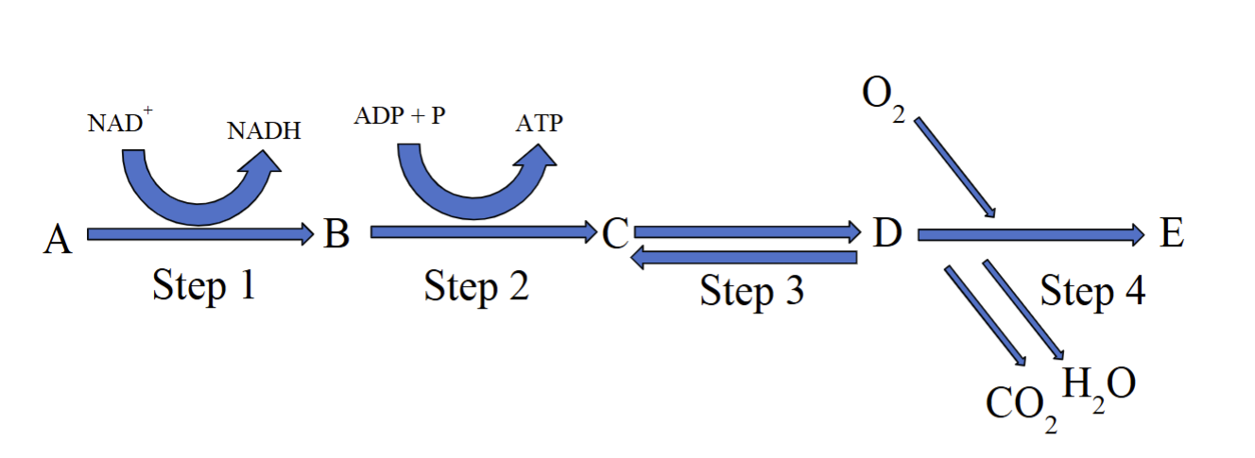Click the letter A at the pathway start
coord(58,240)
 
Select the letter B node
coord(335,232)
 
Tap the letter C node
coord(615,233)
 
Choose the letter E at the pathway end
coord(1172,232)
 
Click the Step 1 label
coord(203,285)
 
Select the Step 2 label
coord(476,285)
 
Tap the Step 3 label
coord(751,291)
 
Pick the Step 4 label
coord(1092,291)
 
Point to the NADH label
coord(264,130)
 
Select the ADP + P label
coord(400,117)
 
